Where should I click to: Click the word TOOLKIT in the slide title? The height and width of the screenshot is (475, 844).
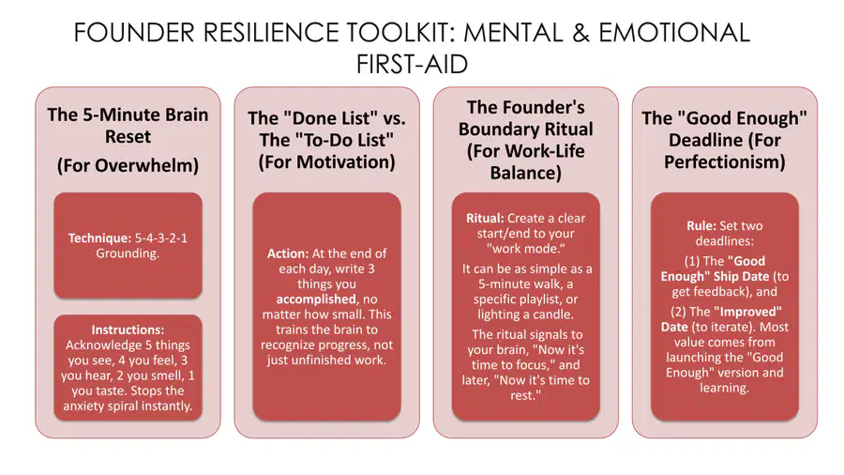(399, 32)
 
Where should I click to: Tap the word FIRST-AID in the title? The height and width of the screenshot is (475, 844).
(412, 64)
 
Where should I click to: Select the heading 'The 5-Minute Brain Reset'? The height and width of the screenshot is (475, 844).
(128, 126)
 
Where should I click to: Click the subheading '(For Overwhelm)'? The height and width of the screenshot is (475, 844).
(128, 165)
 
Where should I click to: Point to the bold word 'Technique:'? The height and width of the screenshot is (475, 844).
(99, 238)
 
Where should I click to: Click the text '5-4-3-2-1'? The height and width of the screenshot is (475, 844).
(161, 238)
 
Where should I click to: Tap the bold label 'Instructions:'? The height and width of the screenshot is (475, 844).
(128, 329)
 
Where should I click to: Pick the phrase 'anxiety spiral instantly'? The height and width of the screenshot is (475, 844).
(127, 406)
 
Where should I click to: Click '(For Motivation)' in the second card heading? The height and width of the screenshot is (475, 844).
(326, 162)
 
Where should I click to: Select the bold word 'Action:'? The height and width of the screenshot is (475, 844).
(288, 253)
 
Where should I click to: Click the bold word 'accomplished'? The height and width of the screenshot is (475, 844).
(316, 299)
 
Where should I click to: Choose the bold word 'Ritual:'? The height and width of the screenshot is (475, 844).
(485, 218)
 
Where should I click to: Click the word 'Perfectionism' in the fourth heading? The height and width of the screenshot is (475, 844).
(722, 162)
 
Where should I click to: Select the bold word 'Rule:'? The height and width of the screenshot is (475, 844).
(701, 226)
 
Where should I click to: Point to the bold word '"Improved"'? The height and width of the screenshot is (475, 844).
(747, 312)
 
